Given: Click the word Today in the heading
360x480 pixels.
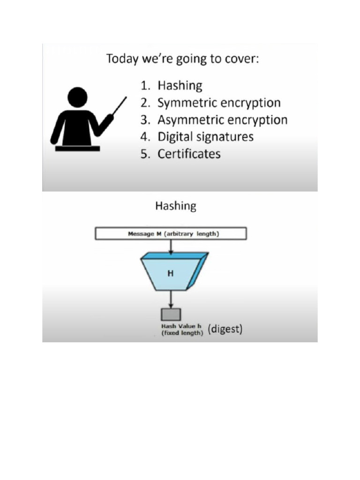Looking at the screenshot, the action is coord(121,60).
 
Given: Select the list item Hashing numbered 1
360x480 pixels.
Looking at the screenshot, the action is coord(180,86).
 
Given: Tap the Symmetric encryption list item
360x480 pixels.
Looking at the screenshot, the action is coord(219,103).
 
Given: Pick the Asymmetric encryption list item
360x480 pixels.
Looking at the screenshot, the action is coord(222,120).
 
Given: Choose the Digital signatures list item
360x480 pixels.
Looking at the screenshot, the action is coord(205,137).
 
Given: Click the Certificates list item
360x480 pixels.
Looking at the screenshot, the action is coord(189,154).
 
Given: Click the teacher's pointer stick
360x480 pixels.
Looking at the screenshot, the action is coord(119,106).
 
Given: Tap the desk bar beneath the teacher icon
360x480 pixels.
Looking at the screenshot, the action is coord(77,149).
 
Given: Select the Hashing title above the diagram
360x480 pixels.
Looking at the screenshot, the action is coord(175,206).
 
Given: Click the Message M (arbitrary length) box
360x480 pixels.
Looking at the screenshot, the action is coord(171,233).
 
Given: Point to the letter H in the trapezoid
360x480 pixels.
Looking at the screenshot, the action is coord(171,273).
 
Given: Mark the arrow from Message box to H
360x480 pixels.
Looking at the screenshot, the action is coord(171,247).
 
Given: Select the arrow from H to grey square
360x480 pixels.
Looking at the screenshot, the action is coord(171,299).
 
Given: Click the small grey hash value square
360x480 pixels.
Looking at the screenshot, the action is coord(171,314).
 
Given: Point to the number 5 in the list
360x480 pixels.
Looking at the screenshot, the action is coord(144,154).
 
